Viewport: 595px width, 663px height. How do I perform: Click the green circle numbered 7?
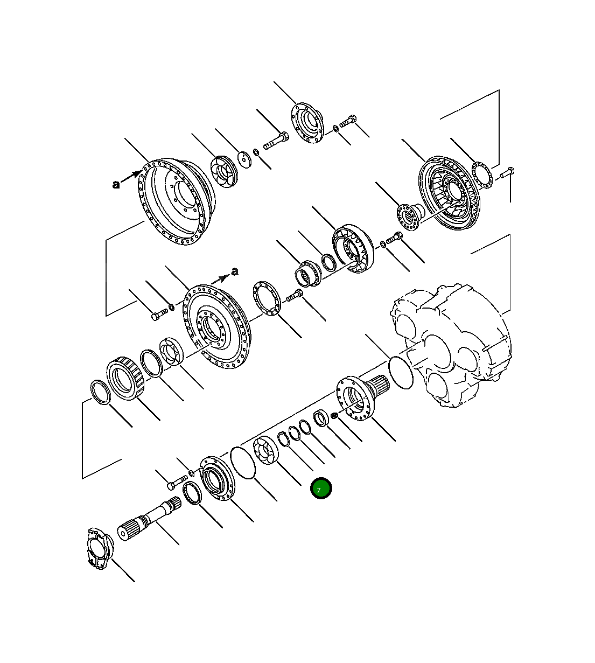point(321,488)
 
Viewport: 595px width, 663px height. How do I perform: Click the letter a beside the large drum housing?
point(116,185)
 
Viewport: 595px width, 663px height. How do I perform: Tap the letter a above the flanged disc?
point(234,271)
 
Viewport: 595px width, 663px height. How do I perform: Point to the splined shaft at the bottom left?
point(149,519)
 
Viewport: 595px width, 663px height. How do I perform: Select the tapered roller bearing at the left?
point(125,376)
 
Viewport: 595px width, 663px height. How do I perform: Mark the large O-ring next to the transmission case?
point(400,371)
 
